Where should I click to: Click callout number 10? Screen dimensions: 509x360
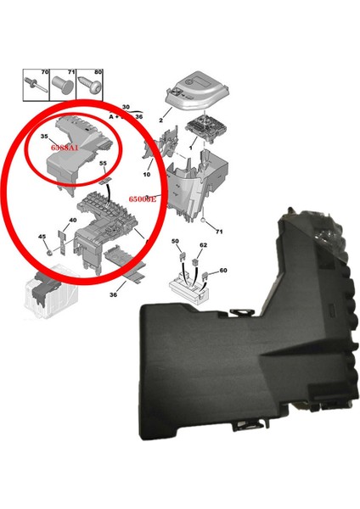[147, 175]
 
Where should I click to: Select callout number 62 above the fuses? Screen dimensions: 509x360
[204, 245]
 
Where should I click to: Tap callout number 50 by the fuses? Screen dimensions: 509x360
[176, 243]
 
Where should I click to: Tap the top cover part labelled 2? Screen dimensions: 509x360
[195, 87]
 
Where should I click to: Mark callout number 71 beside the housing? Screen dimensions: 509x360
[219, 230]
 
